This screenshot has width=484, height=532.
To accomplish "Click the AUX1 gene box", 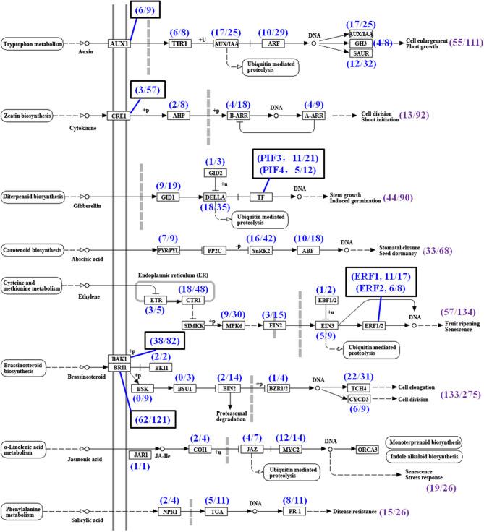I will [x=119, y=43].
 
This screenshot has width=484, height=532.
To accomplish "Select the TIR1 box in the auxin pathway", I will [x=180, y=43].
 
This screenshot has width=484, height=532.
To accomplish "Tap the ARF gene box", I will [x=272, y=43].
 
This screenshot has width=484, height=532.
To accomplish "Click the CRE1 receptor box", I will [x=119, y=115].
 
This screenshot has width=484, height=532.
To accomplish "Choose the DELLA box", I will [x=215, y=196].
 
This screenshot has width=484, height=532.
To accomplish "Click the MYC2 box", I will [x=291, y=449].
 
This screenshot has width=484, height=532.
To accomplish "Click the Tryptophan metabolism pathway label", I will [x=33, y=43].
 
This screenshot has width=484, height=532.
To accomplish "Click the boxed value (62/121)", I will [x=150, y=418].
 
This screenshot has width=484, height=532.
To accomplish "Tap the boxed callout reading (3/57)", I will [x=147, y=89].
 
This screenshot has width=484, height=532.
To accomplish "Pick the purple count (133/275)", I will [x=460, y=395].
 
